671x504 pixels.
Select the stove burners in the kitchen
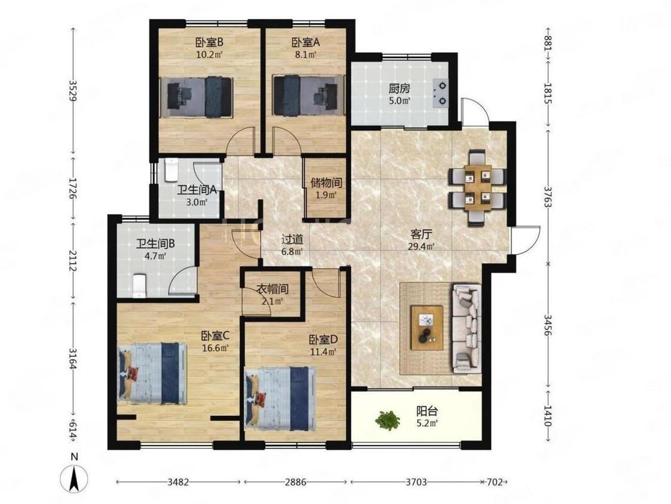(x=441, y=93)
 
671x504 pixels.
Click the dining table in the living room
(x=477, y=187)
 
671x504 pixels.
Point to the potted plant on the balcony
(x=388, y=420)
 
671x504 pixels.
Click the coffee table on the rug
(x=426, y=327)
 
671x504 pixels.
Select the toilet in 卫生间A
(x=171, y=169)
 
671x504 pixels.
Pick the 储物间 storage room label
(x=326, y=183)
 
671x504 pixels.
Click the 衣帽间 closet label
(x=272, y=289)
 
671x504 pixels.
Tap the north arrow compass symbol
(x=74, y=477)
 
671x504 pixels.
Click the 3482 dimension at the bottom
(x=178, y=482)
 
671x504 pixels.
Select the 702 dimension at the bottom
(x=494, y=482)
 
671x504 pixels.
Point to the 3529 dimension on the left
(x=73, y=90)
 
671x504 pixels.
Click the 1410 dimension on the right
(x=548, y=416)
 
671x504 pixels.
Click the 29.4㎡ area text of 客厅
(x=423, y=246)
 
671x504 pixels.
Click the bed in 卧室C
(x=152, y=373)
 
